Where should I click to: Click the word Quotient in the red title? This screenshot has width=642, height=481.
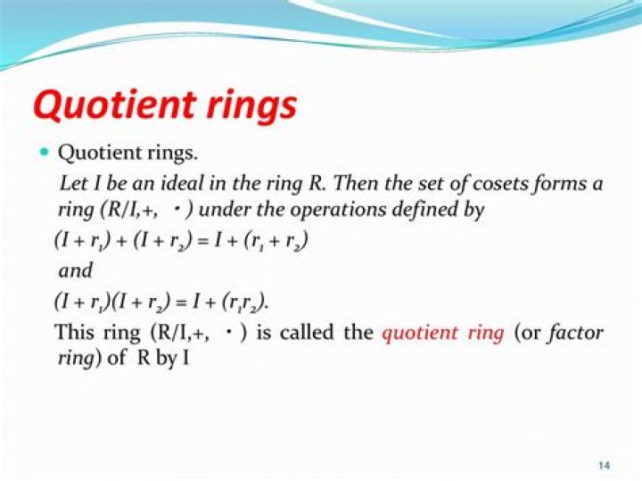(x=114, y=105)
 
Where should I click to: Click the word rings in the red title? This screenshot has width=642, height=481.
(x=251, y=106)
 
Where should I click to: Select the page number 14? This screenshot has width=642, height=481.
(x=604, y=466)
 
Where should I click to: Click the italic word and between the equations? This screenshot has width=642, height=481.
(x=76, y=270)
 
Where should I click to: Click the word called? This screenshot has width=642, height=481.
(x=307, y=332)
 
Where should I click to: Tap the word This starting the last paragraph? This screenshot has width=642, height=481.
(x=75, y=332)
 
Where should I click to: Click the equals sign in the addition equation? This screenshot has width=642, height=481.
(x=201, y=241)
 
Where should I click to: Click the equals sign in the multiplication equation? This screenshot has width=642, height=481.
(x=180, y=303)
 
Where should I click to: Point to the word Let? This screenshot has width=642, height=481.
(x=74, y=183)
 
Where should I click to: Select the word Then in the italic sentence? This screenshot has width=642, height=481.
(x=355, y=183)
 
